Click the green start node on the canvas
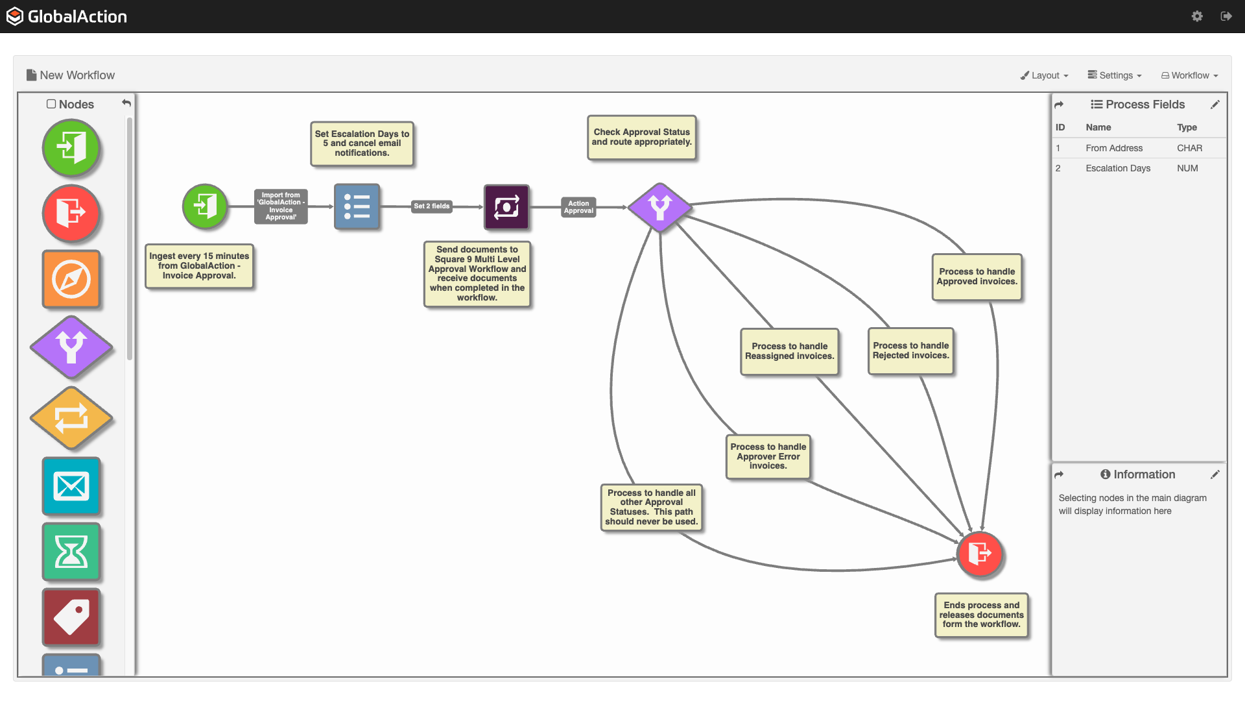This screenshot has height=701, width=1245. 205,206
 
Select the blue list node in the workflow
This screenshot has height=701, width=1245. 357,206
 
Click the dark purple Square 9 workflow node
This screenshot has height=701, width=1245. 506,207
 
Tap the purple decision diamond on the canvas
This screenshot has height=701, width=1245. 659,207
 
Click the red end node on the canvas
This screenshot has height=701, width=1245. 979,554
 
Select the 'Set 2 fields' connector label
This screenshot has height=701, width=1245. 432,206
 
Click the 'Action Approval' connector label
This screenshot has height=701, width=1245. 578,207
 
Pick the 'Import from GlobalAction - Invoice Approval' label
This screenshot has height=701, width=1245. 281,206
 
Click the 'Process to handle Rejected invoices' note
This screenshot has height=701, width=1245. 910,351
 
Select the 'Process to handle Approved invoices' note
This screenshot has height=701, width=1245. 977,277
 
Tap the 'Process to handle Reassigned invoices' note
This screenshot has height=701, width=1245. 789,352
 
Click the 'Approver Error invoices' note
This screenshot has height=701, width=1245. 768,457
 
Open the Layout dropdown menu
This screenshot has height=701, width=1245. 1044,75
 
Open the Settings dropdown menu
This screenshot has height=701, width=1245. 1115,75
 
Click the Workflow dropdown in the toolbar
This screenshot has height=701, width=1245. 1190,75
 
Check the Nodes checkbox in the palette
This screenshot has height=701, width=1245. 51,104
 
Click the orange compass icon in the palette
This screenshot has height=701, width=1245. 71,279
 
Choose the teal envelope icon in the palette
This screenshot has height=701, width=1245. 71,486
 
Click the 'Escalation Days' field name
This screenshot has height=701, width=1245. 1118,168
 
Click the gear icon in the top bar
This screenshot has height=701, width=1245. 1197,16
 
